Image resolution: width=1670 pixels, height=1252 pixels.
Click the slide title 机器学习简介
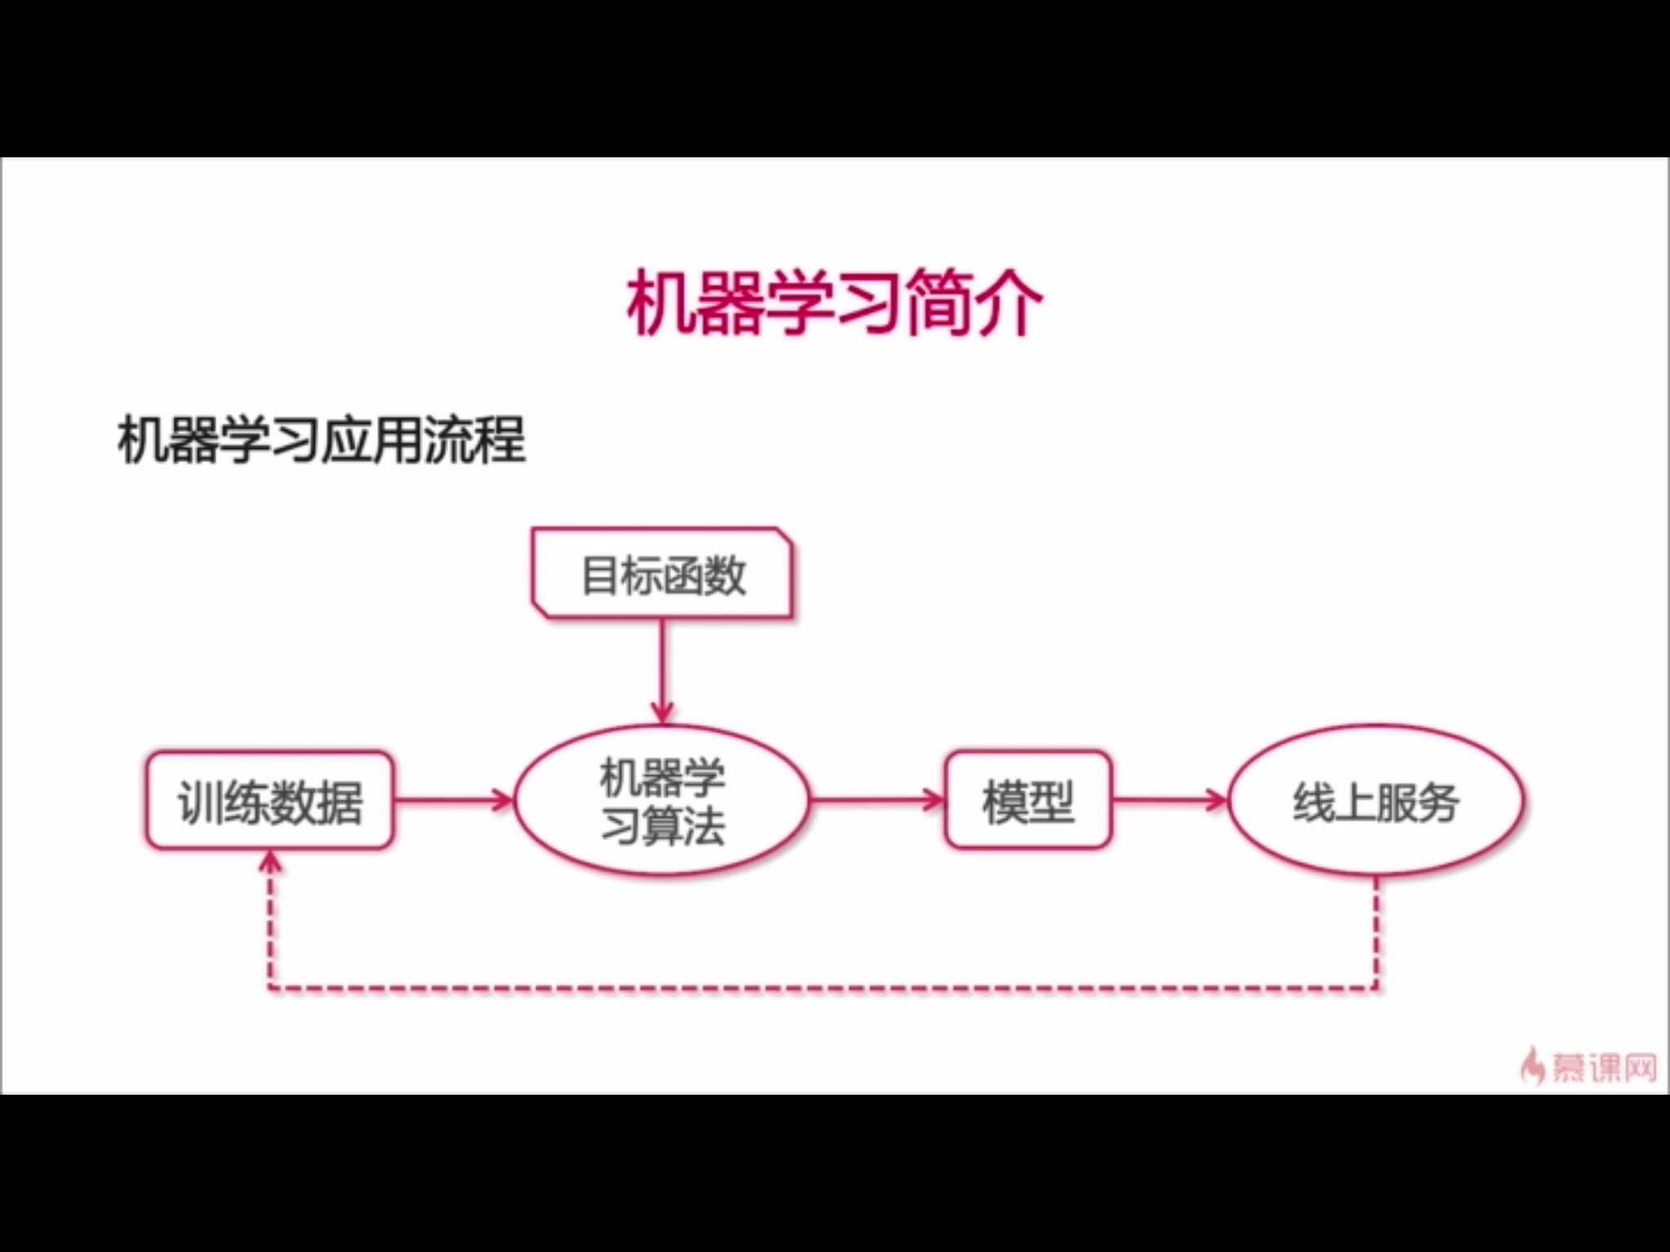(x=834, y=302)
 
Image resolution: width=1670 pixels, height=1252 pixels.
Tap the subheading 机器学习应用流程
(x=322, y=440)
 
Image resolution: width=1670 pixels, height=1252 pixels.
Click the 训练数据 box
(x=270, y=801)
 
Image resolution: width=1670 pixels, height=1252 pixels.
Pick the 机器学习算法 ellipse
(x=662, y=801)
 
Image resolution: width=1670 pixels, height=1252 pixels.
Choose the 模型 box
(x=1027, y=801)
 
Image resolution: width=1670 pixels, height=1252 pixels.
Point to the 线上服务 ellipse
(x=1376, y=801)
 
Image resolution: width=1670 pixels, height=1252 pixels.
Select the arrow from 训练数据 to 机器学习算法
(x=453, y=800)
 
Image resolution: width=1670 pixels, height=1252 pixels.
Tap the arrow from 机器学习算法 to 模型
(x=877, y=800)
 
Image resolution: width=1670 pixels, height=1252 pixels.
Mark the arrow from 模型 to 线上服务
(x=1169, y=800)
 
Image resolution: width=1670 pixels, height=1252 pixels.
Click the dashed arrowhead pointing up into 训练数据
(x=270, y=862)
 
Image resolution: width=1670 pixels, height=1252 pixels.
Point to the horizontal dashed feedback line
(x=824, y=989)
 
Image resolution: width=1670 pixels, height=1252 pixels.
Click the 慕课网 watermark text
(x=1603, y=1067)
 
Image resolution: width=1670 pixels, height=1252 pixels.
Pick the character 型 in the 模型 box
(x=1051, y=802)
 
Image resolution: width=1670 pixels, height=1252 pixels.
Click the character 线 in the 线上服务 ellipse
(x=1313, y=802)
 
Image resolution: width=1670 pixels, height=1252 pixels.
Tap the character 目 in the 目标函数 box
(x=599, y=575)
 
